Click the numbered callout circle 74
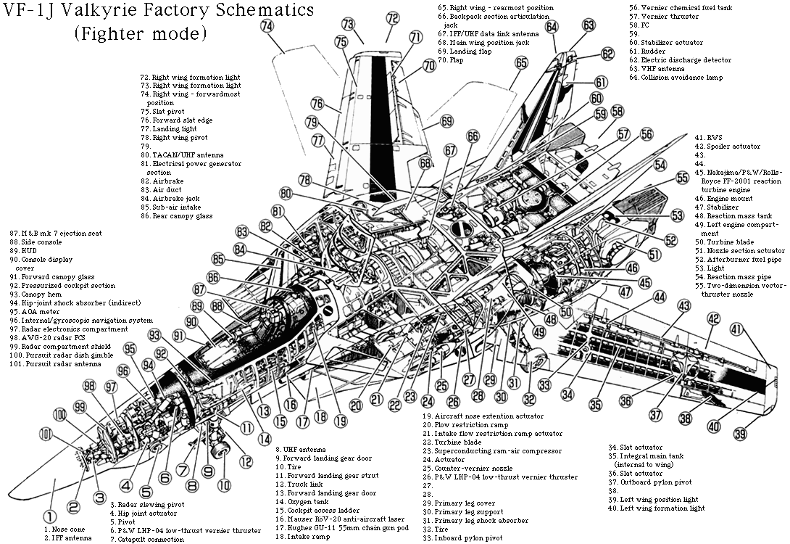(x=267, y=25)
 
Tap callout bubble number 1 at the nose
(x=49, y=516)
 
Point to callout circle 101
(x=46, y=434)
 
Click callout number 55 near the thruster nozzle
(x=682, y=178)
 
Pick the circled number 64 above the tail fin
(x=552, y=27)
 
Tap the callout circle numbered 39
(x=740, y=433)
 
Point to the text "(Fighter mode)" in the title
(x=141, y=34)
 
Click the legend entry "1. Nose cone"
(x=65, y=529)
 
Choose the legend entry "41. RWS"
(x=708, y=137)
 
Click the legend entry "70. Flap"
(x=450, y=60)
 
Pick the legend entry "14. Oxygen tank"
(x=302, y=502)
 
